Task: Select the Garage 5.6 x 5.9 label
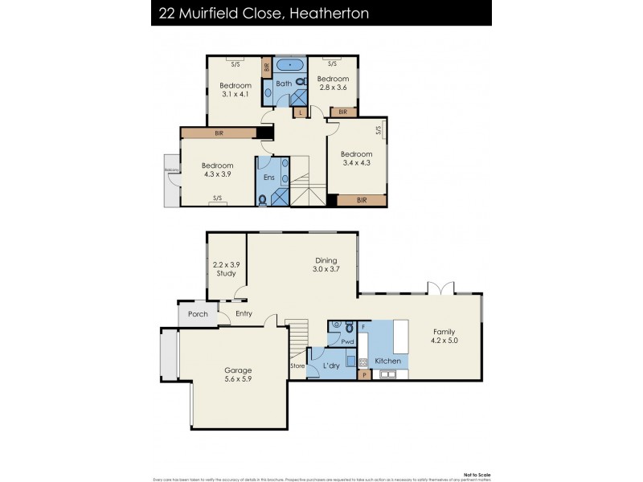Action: [237, 376]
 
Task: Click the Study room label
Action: [225, 269]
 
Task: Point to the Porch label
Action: [198, 314]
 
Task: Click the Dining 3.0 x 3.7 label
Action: [326, 265]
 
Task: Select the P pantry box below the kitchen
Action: [364, 374]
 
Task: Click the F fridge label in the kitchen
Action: [363, 328]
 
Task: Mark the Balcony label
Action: [171, 170]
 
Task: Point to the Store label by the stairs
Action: [297, 366]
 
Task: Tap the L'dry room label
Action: [331, 366]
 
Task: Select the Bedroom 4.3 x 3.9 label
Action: [217, 171]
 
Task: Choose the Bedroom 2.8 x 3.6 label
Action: [332, 84]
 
